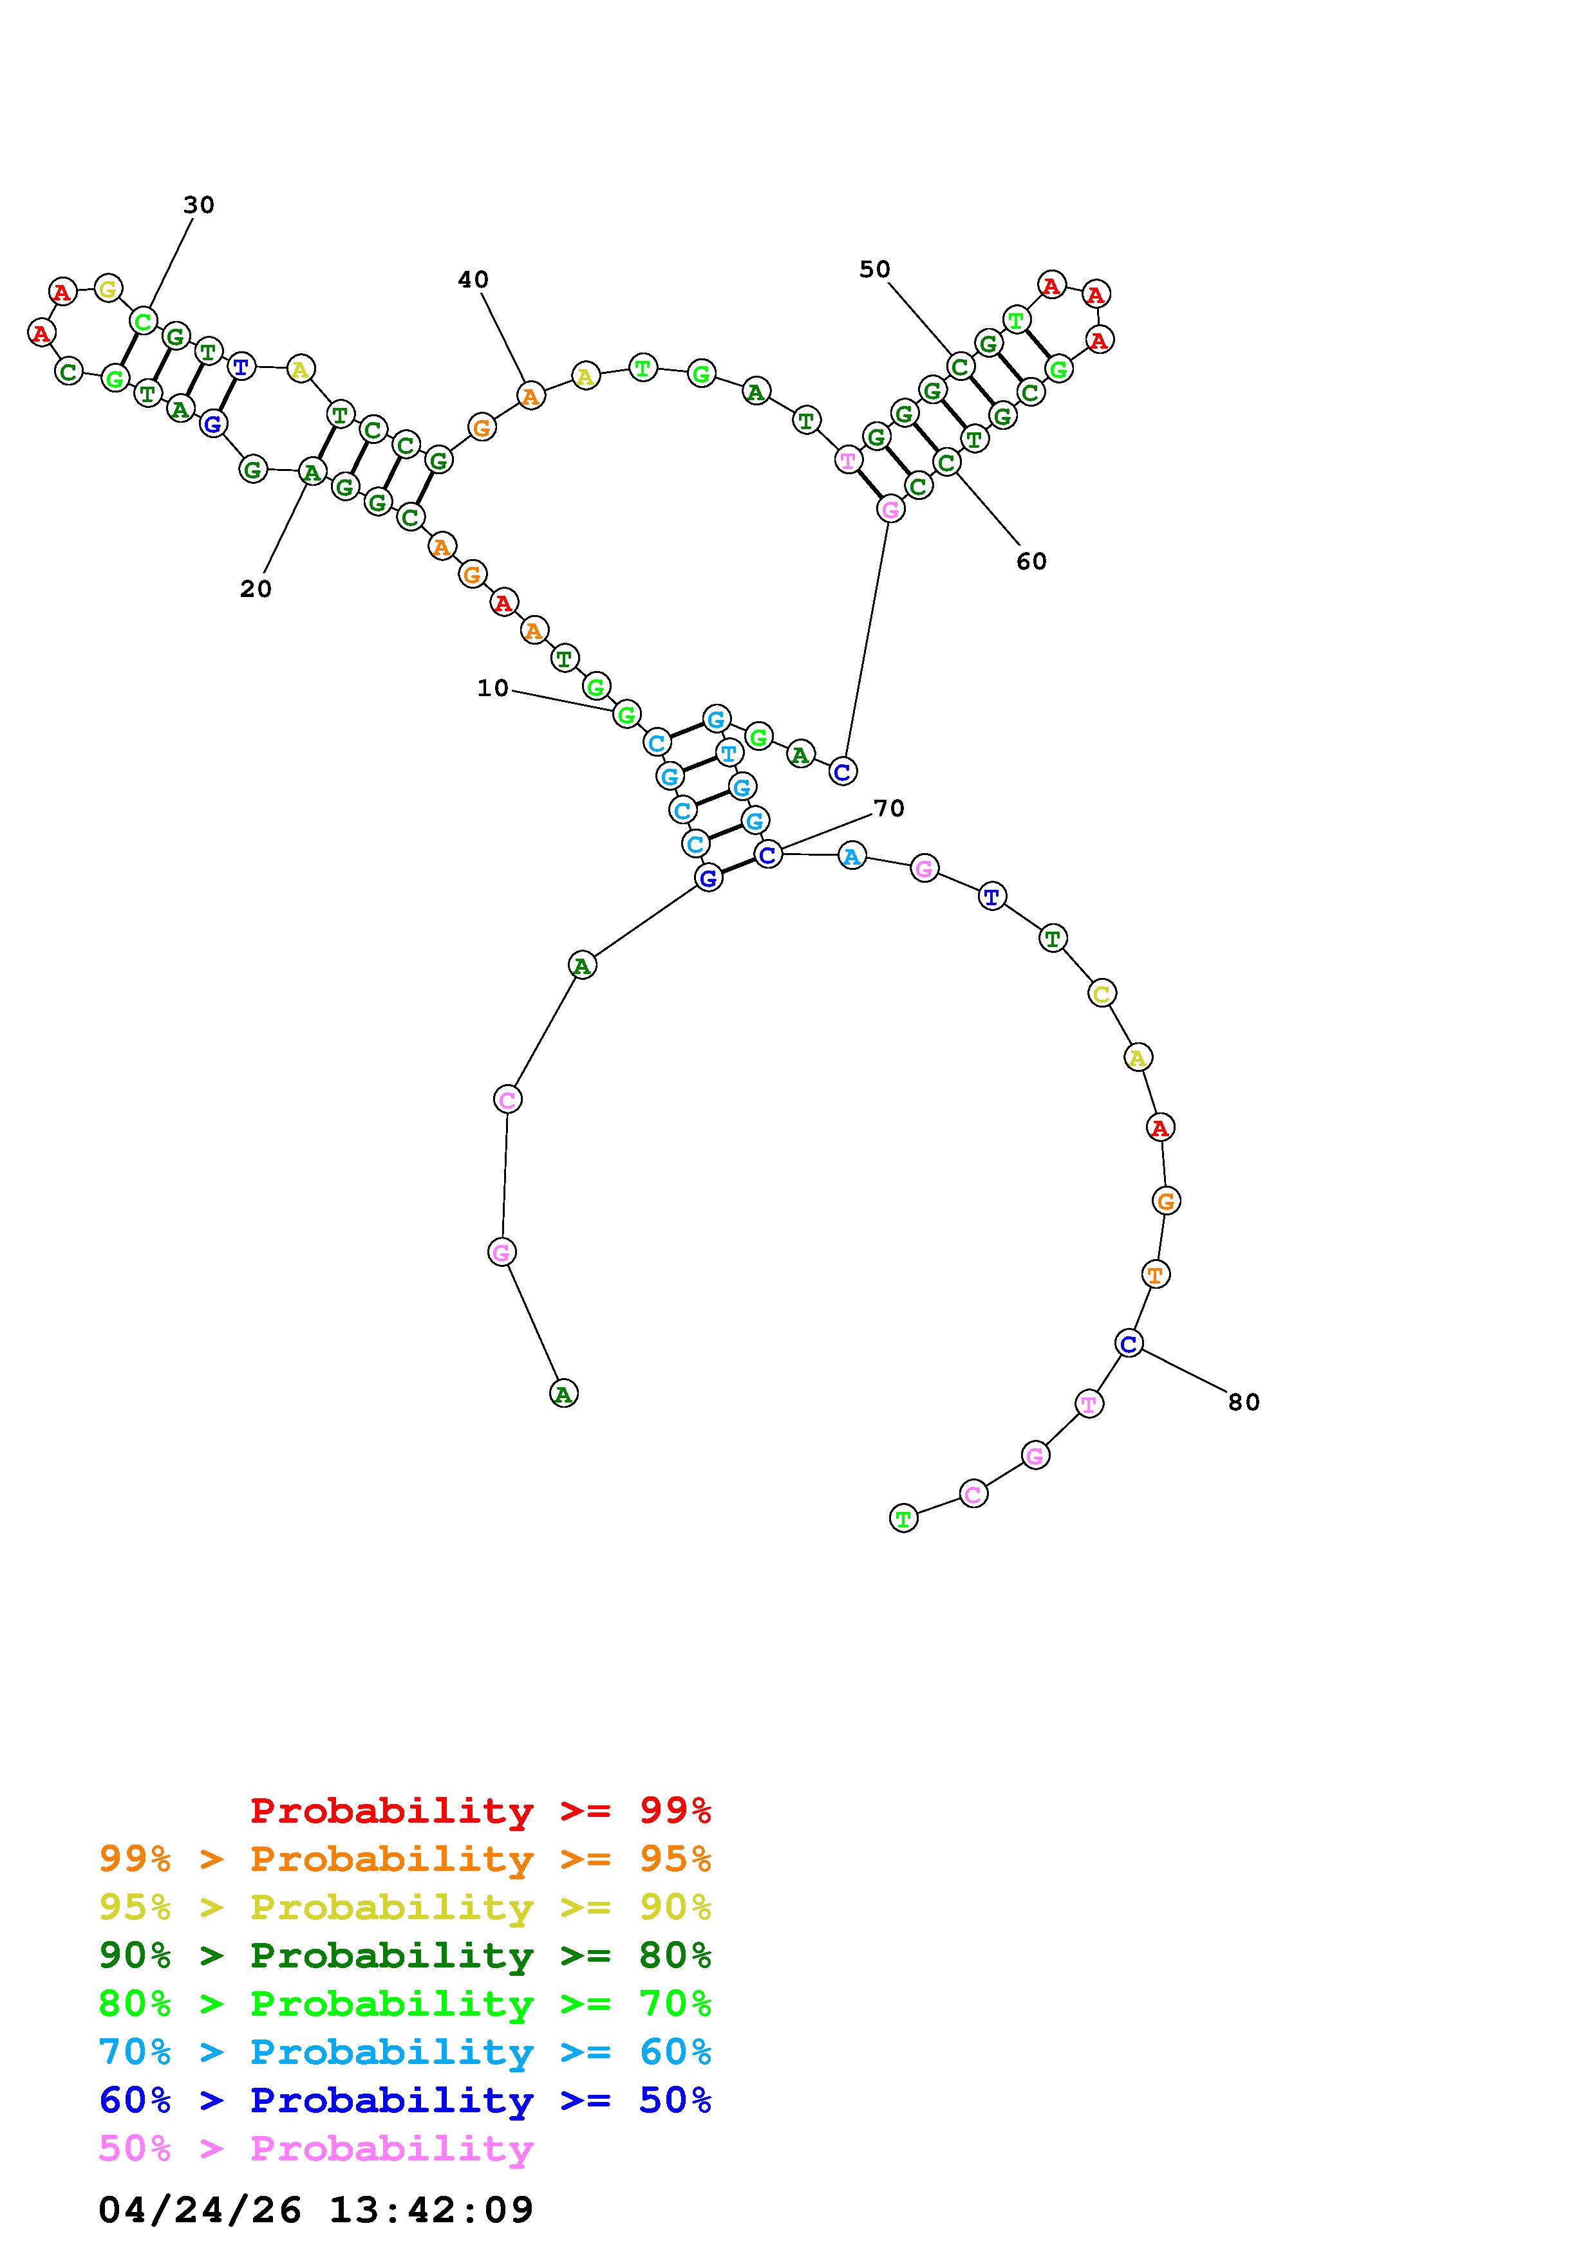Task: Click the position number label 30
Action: pyautogui.click(x=199, y=205)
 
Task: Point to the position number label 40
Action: pyautogui.click(x=473, y=279)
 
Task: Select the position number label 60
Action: pyautogui.click(x=1031, y=561)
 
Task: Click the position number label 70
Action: pyautogui.click(x=889, y=808)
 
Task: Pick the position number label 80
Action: pyautogui.click(x=1244, y=1403)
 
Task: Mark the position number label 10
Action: pyautogui.click(x=493, y=688)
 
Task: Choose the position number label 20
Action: pyautogui.click(x=256, y=589)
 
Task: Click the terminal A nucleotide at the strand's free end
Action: pyautogui.click(x=563, y=1393)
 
